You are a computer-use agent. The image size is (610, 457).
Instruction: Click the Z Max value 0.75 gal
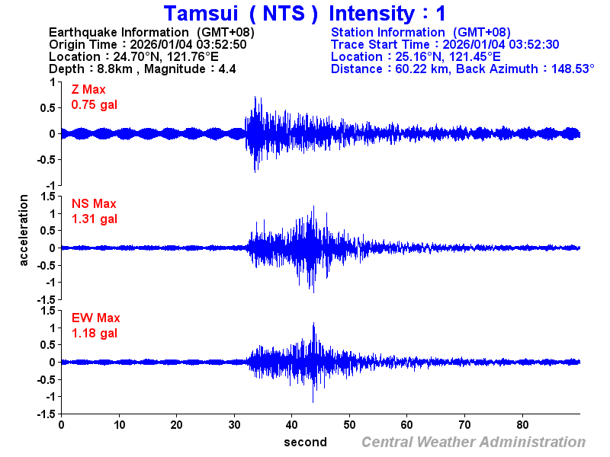click(x=94, y=105)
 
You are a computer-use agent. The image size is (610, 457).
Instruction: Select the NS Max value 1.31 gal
click(x=94, y=219)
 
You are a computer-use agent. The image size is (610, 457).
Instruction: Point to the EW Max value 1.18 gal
click(x=94, y=334)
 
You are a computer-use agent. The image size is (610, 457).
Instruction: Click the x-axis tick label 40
click(x=291, y=425)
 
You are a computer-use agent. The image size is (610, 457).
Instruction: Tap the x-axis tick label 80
click(x=522, y=425)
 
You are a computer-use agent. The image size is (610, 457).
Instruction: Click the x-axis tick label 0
click(x=61, y=425)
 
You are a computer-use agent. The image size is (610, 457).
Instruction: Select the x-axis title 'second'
click(x=305, y=442)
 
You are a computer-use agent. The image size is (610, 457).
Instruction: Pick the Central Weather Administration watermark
click(x=474, y=442)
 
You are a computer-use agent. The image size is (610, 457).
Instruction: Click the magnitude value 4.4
click(x=227, y=69)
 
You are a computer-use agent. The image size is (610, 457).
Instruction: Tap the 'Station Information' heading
click(x=390, y=32)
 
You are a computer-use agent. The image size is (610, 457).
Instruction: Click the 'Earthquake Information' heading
click(x=119, y=32)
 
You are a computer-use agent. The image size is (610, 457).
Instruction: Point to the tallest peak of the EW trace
click(x=313, y=324)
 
